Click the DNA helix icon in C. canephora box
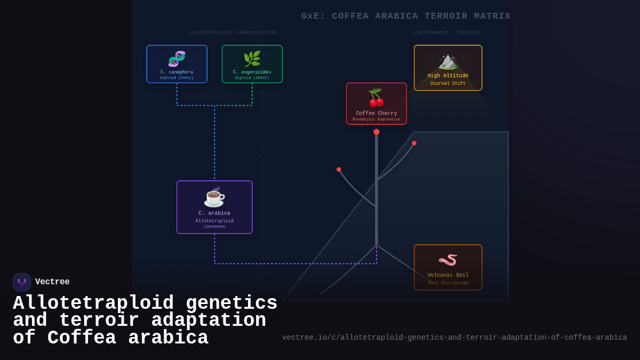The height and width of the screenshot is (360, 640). (177, 59)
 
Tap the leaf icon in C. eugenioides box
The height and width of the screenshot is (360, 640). (252, 59)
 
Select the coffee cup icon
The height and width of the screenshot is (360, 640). (214, 197)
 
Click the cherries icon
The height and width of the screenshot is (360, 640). (377, 98)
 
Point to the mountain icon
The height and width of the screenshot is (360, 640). (448, 61)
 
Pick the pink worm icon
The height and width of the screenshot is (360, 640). (448, 260)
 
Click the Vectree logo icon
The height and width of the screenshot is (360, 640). (22, 282)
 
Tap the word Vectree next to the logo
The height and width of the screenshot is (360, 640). (52, 282)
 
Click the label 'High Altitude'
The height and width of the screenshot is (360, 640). (448, 76)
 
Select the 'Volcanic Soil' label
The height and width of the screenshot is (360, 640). (448, 275)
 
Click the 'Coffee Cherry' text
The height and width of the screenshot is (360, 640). (377, 113)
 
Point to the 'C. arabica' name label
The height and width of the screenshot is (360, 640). (214, 213)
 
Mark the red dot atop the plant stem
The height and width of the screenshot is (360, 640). (377, 132)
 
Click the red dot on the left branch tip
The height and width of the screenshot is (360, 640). (339, 170)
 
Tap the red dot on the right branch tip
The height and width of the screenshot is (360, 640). (414, 143)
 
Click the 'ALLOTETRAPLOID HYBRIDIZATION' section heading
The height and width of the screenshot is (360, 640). (232, 33)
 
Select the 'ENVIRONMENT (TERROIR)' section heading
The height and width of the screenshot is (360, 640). (447, 33)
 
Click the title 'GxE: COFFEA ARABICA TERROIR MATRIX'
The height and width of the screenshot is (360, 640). (406, 16)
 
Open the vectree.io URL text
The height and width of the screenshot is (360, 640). (454, 338)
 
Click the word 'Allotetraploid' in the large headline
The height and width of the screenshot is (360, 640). (93, 303)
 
